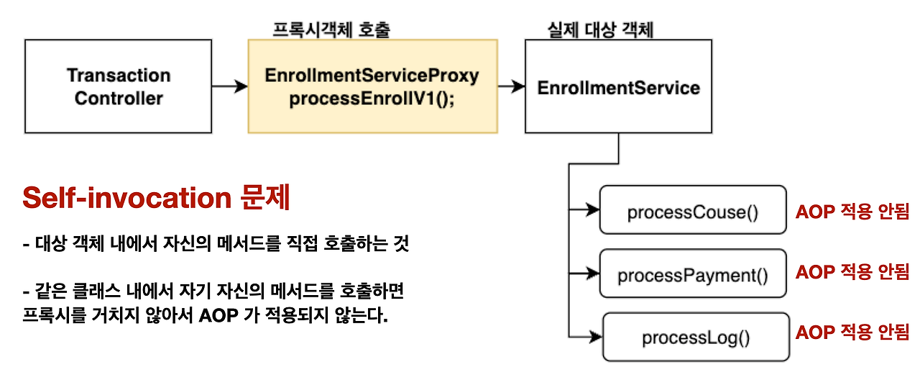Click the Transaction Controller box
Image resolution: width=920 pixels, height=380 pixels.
119,86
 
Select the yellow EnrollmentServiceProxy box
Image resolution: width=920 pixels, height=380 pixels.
372,86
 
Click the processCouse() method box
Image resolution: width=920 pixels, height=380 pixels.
693,212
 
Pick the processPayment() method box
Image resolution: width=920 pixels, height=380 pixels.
693,275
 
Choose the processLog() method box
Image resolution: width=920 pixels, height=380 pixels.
694,337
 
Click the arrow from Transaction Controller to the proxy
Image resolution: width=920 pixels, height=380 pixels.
230,87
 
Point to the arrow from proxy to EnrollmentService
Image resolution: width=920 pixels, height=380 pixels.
511,87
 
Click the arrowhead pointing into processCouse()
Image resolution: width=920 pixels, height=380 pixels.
593,211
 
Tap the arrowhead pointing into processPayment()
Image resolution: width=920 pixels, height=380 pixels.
593,273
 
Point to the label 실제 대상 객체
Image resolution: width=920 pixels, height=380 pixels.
600,30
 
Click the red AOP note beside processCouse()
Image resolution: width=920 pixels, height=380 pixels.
852,212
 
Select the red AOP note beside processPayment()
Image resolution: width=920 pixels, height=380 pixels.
852,272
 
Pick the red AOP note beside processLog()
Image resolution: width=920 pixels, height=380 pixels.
852,332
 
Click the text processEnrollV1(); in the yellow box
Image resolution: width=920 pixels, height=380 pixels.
372,99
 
